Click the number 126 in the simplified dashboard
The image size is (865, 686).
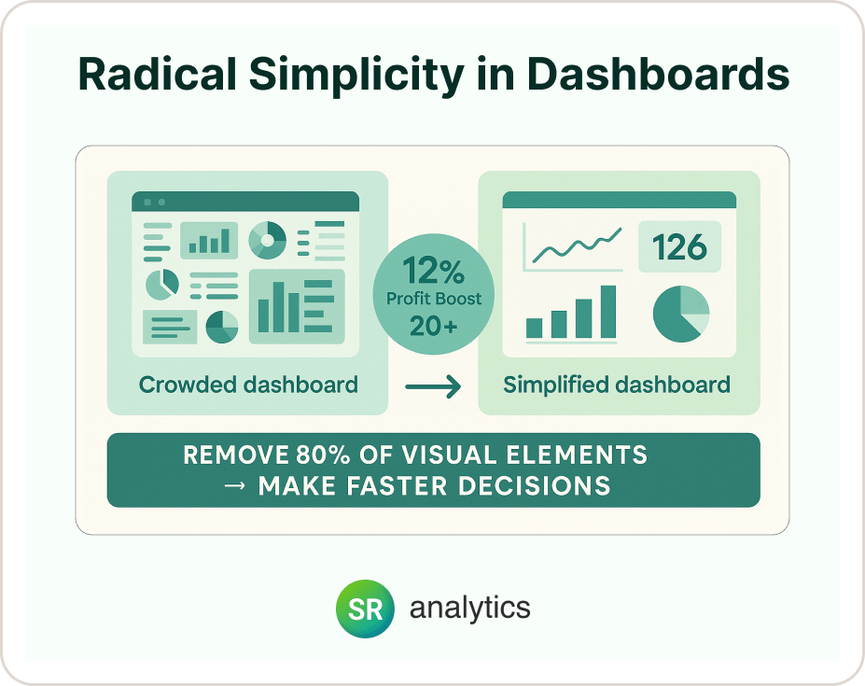(x=679, y=247)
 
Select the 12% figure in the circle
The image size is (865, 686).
(x=433, y=272)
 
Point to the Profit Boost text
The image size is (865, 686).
(x=434, y=300)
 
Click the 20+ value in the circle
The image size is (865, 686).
(x=434, y=326)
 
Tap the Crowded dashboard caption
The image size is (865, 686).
(x=248, y=384)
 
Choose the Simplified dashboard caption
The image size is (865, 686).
(x=617, y=384)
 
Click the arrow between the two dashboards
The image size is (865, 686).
(x=434, y=385)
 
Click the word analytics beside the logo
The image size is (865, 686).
(x=469, y=609)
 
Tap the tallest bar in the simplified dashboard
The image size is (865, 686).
(x=608, y=311)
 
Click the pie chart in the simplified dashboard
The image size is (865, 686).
(x=680, y=314)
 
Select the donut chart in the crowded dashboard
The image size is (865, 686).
(x=268, y=240)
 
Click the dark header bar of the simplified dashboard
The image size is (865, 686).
(x=619, y=201)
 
